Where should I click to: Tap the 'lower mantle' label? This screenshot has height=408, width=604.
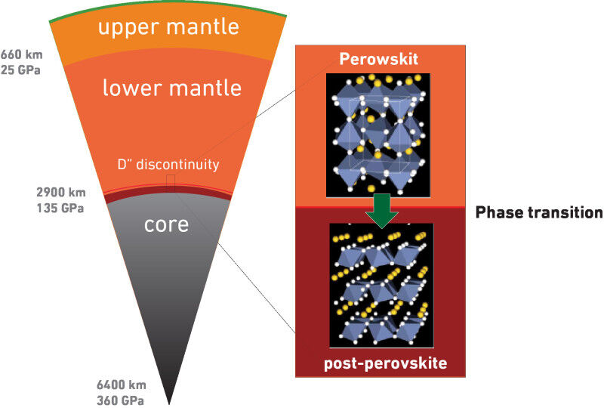point(172,88)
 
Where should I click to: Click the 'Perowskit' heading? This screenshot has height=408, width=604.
point(379,57)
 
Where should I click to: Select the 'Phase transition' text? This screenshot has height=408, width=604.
point(538,213)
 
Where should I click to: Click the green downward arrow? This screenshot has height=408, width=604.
point(380,212)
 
